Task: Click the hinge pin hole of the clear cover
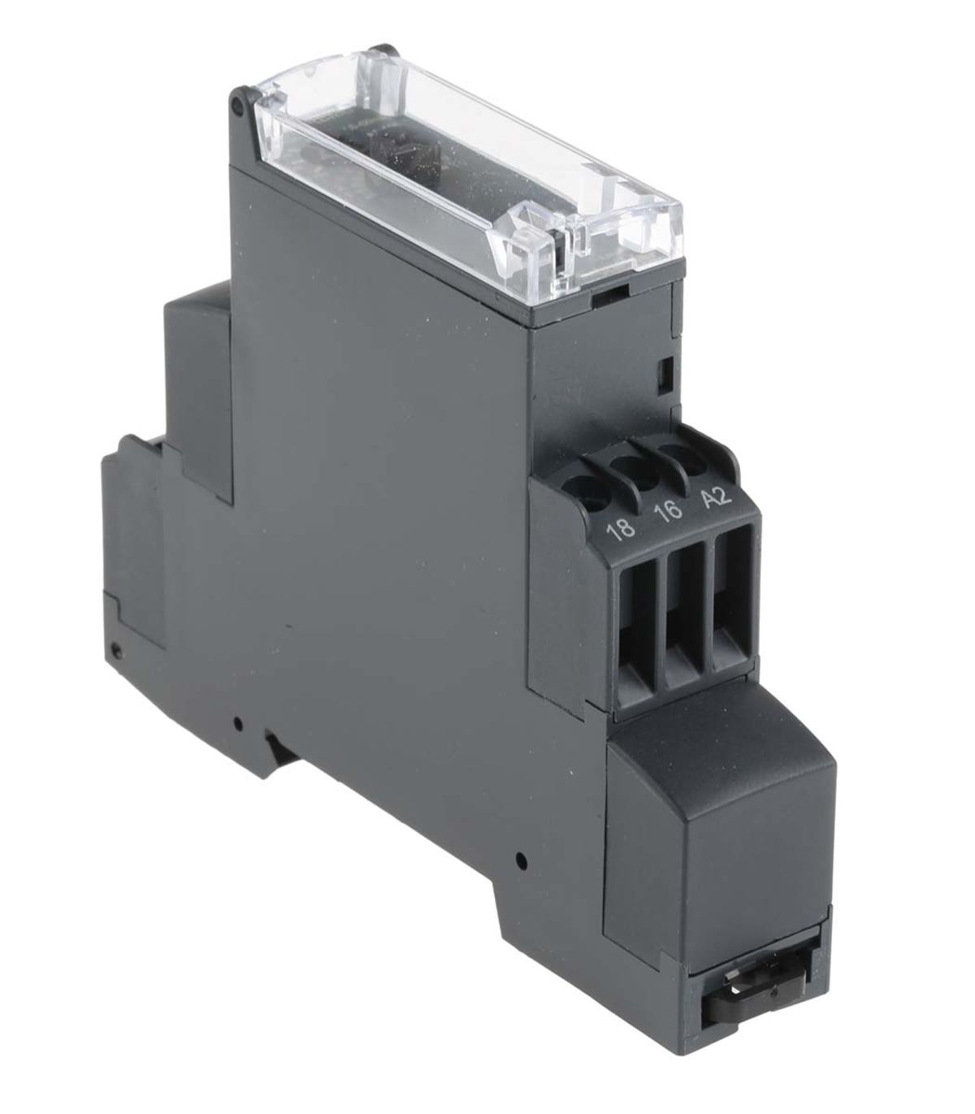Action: coord(237,106)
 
